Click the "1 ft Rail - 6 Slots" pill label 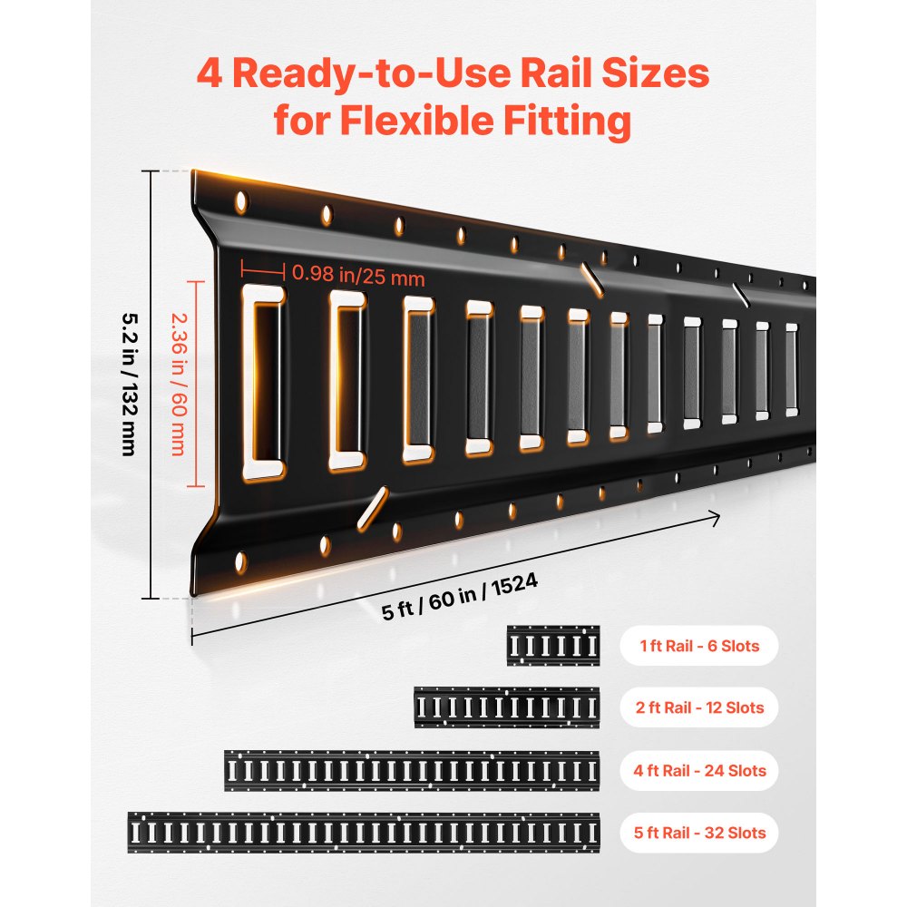(x=698, y=647)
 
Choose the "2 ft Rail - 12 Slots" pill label (x=698, y=707)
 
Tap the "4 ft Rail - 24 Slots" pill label (x=698, y=771)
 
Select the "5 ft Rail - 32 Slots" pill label (x=698, y=833)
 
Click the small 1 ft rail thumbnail (x=553, y=646)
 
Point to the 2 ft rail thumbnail (x=507, y=707)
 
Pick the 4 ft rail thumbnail (x=412, y=771)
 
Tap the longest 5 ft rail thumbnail (x=364, y=833)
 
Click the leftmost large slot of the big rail (x=264, y=385)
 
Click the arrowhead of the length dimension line (x=717, y=519)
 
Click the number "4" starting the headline (x=213, y=74)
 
